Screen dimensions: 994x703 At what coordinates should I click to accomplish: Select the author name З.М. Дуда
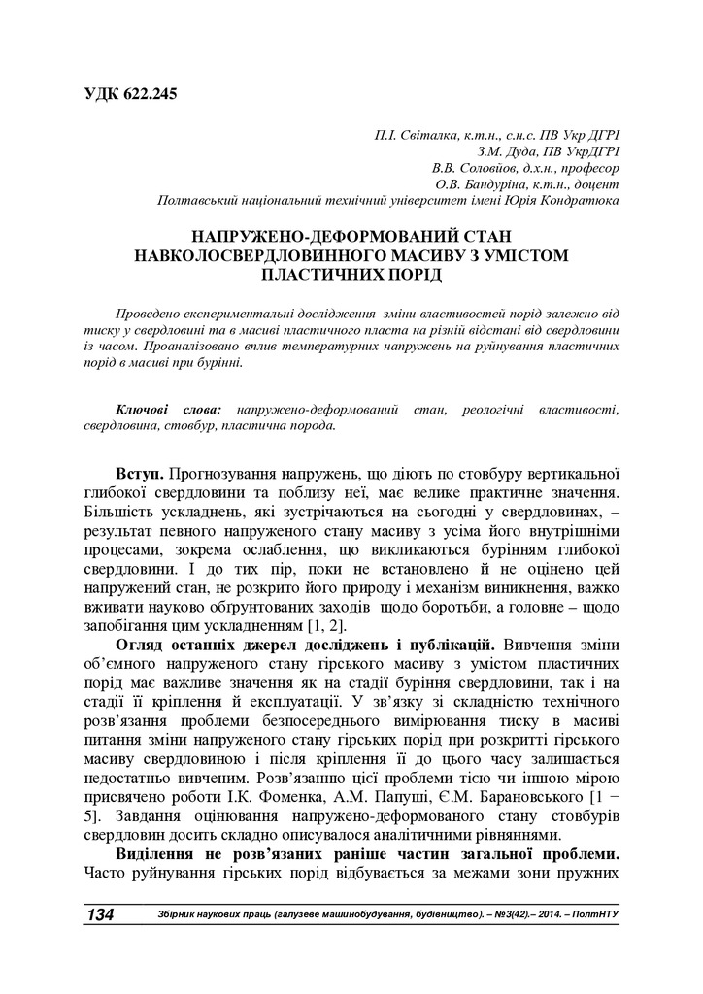click(503, 153)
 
